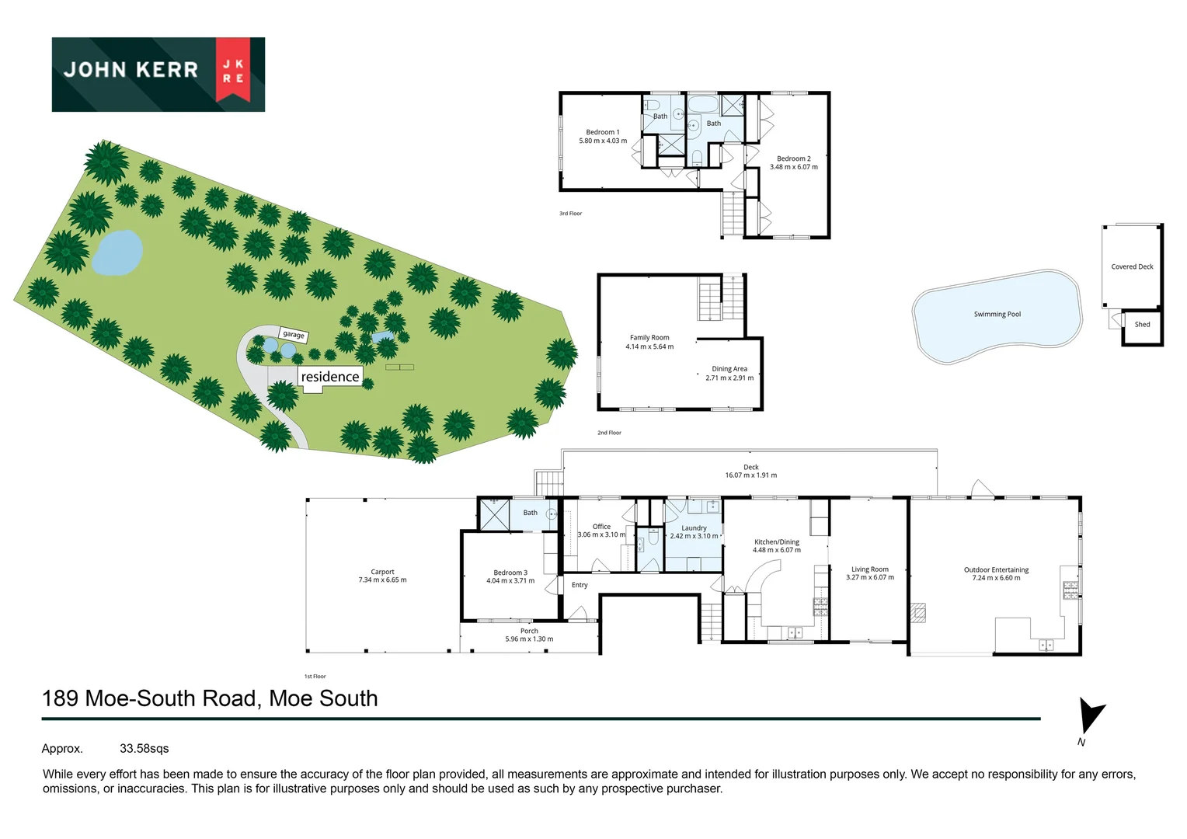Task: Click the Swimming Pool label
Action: [997, 315]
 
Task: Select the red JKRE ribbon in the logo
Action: [233, 69]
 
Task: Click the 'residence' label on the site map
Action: [330, 377]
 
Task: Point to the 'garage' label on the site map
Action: [294, 335]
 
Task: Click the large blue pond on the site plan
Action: [118, 252]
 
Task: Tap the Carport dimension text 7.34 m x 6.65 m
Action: [382, 580]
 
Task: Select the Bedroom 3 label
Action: [510, 573]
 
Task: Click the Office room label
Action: [601, 527]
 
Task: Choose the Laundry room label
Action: [694, 528]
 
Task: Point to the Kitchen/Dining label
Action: [777, 542]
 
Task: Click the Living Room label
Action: [869, 569]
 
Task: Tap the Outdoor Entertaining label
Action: [996, 569]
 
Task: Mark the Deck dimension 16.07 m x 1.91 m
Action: [750, 475]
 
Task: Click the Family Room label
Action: [649, 338]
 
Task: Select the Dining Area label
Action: [729, 369]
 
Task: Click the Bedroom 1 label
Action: [603, 132]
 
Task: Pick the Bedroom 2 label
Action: [793, 158]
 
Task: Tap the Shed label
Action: [1142, 325]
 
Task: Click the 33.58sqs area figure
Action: [144, 749]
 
